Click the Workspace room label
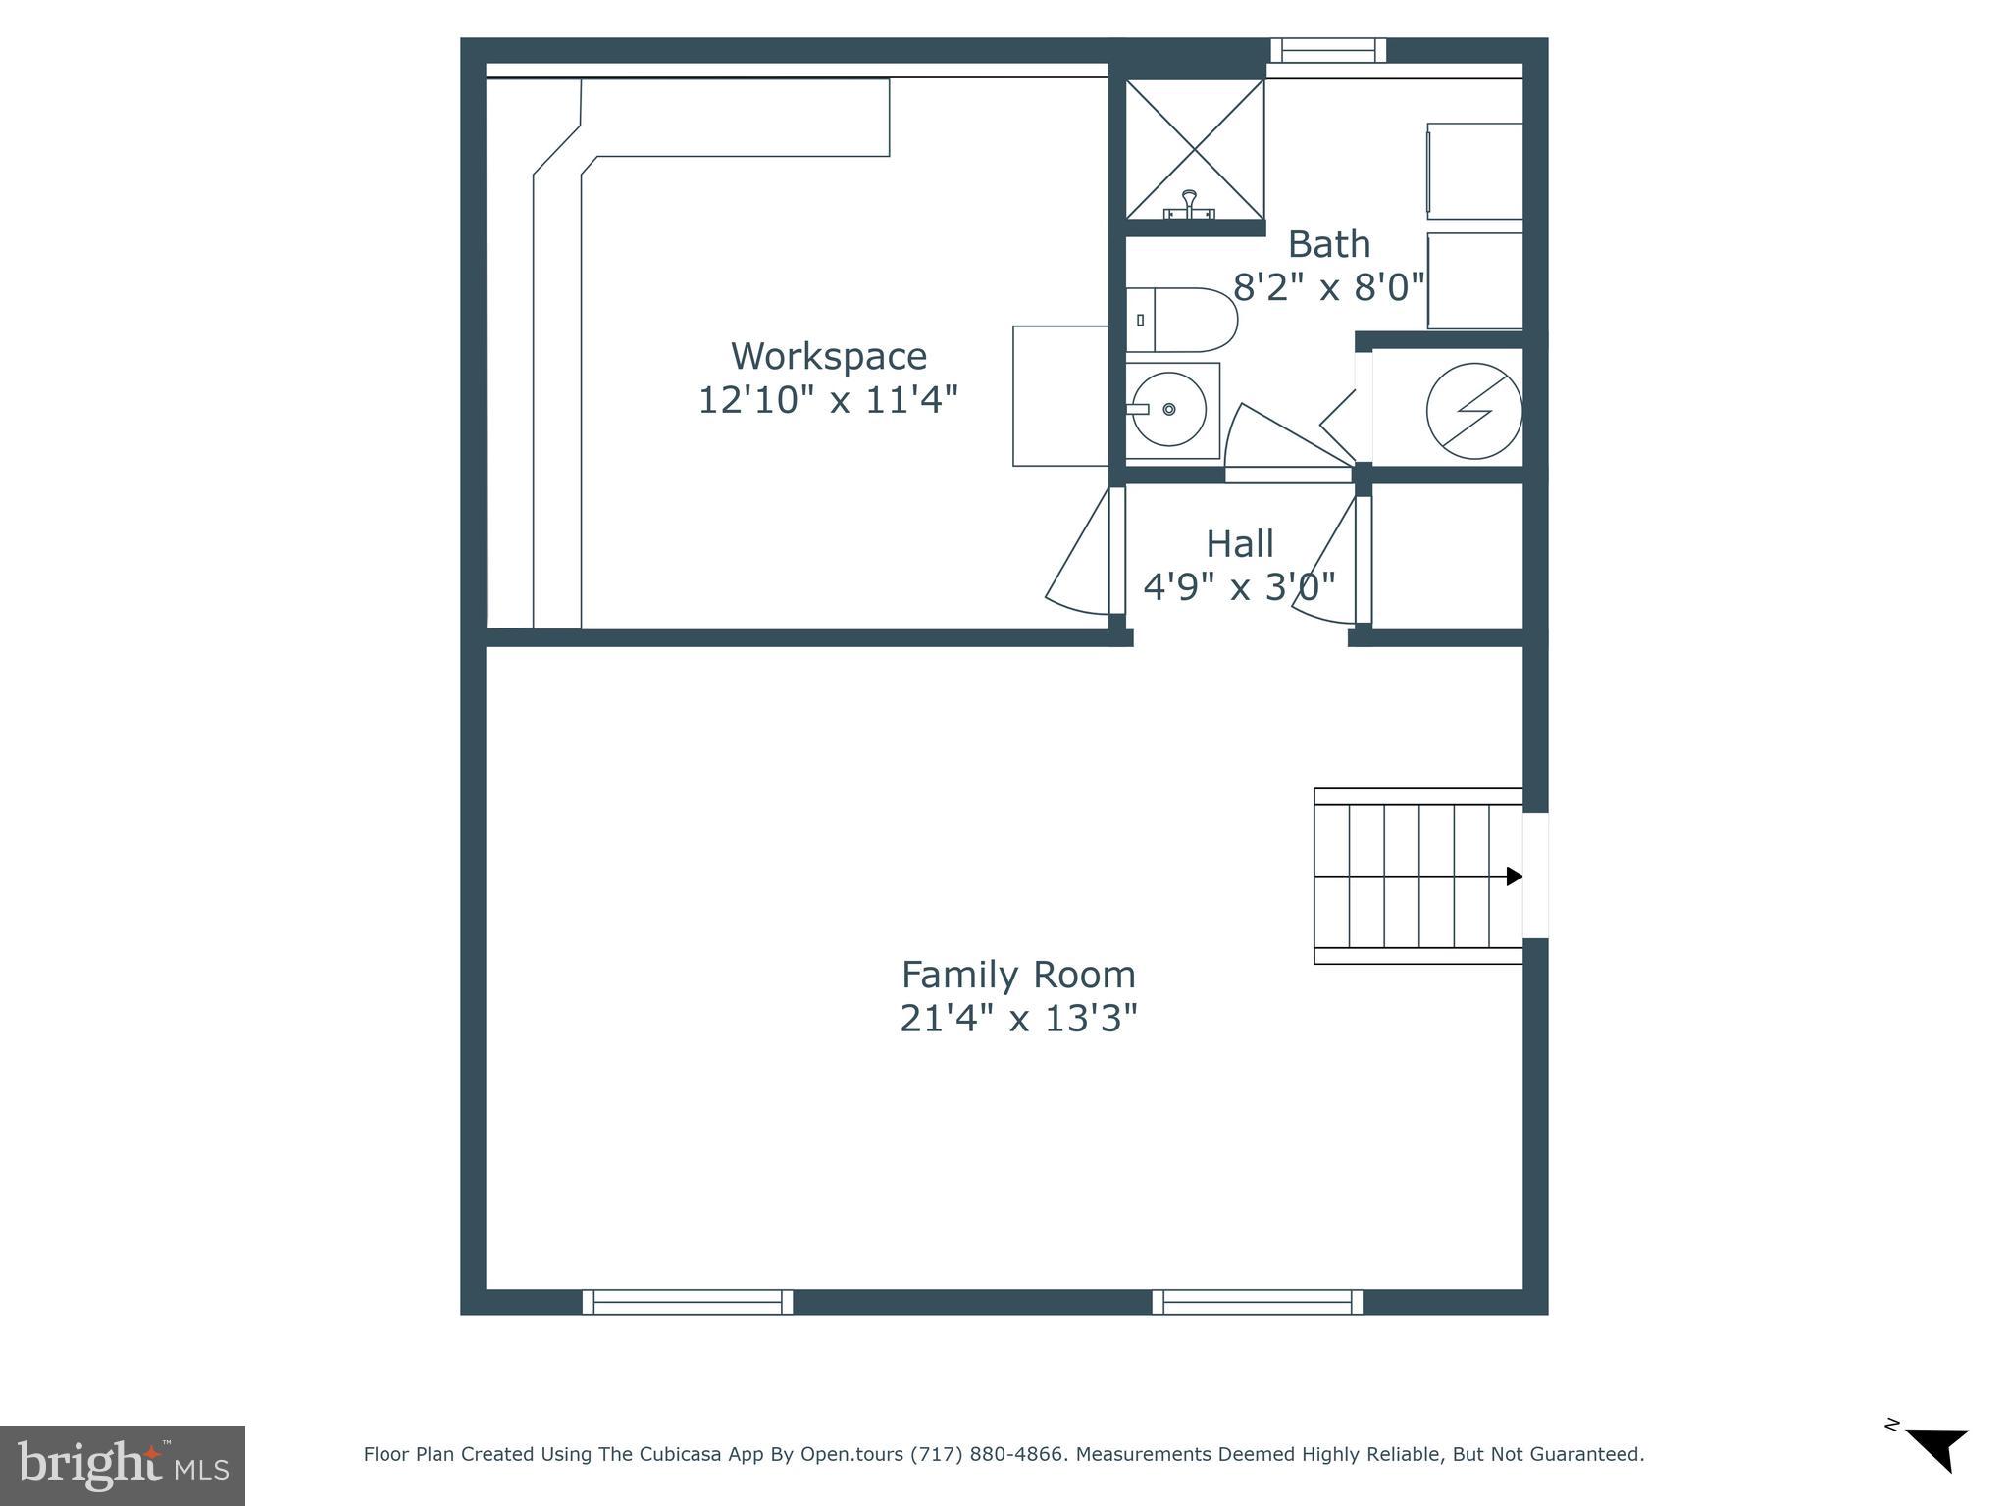(x=828, y=356)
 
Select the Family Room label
(x=1018, y=975)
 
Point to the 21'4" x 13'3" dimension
(x=1018, y=1019)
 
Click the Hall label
(x=1239, y=543)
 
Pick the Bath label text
(x=1328, y=244)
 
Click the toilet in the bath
(x=1182, y=320)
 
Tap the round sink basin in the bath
(x=1169, y=409)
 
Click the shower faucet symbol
(x=1189, y=205)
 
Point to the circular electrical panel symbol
(x=1473, y=411)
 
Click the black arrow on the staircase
(x=1514, y=876)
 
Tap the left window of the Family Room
(x=688, y=1302)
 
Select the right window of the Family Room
(x=1257, y=1302)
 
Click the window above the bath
(x=1328, y=50)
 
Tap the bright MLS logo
(x=123, y=1465)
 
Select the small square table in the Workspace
(x=1060, y=396)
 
